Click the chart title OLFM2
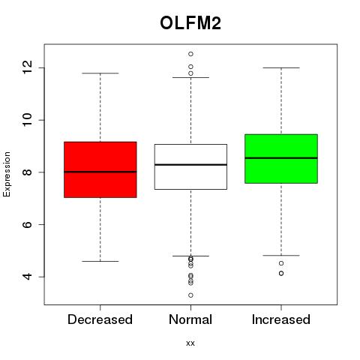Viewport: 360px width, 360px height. click(190, 23)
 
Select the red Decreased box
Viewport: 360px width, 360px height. click(100, 169)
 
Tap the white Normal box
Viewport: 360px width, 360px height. click(190, 166)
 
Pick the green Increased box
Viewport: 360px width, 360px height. click(281, 159)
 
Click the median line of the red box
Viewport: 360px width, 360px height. click(100, 172)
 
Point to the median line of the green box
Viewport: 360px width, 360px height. click(281, 158)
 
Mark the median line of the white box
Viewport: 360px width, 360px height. click(190, 164)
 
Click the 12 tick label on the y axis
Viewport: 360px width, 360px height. click(28, 67)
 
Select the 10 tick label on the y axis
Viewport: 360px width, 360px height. click(28, 120)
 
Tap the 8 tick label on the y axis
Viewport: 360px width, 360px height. click(28, 172)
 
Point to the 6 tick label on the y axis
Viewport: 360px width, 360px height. click(28, 224)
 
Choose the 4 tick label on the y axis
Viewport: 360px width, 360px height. click(28, 277)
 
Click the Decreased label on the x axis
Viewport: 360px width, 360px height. click(100, 319)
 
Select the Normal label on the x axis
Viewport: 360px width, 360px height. click(190, 319)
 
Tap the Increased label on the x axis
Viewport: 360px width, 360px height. click(281, 319)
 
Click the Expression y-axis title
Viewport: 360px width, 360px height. click(7, 174)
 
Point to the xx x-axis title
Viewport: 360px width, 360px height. click(190, 343)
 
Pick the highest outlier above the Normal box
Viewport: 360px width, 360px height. click(190, 54)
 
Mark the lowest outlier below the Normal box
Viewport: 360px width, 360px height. click(190, 295)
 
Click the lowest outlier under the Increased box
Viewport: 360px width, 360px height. click(281, 274)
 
